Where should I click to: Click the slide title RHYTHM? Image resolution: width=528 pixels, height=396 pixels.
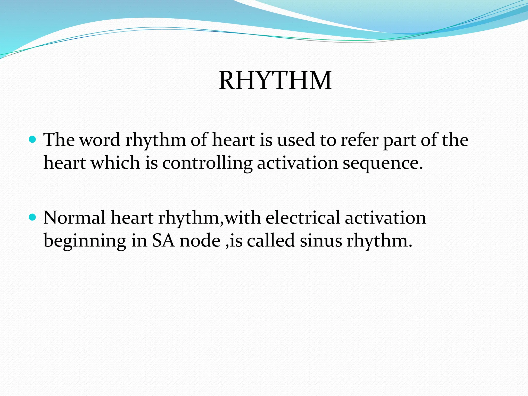tap(275, 81)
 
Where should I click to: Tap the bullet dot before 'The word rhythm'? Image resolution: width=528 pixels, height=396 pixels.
tap(32, 140)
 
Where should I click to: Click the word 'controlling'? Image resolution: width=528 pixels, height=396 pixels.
tap(207, 163)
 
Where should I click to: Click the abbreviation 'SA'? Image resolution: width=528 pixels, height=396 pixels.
tap(163, 241)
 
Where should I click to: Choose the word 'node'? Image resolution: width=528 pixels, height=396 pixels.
tap(200, 241)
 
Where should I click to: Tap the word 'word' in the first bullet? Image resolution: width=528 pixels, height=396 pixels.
tap(100, 140)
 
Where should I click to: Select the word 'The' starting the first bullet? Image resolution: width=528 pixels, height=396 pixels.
tap(59, 140)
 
